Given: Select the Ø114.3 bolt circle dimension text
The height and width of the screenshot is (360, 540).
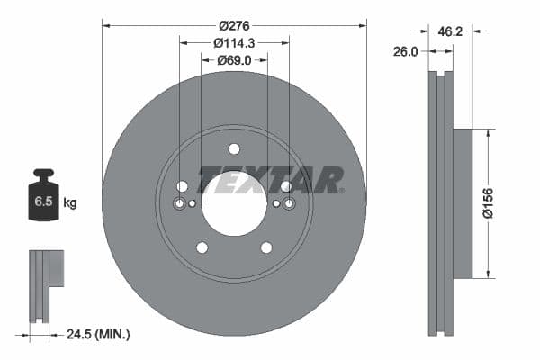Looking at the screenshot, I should click(234, 42).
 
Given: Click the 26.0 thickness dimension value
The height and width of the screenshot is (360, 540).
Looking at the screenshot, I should click(406, 52).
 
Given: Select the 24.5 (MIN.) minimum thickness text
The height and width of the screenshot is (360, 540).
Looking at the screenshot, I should click(99, 334).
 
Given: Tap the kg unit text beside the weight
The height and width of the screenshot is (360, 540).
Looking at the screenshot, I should click(70, 203).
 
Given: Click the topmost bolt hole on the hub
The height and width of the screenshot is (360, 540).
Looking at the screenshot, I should click(234, 148).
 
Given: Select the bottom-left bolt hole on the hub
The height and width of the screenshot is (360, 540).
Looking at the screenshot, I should click(202, 247).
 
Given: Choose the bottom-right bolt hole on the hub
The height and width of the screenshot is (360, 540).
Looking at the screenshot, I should click(266, 247).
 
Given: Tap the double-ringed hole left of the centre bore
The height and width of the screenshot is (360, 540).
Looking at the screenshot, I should click(179, 204).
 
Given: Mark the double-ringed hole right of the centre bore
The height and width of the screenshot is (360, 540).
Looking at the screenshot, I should click(289, 204).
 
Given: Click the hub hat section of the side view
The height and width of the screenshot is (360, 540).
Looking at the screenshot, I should click(461, 203).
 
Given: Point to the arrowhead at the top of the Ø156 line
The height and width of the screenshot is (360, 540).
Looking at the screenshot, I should click(488, 132).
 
